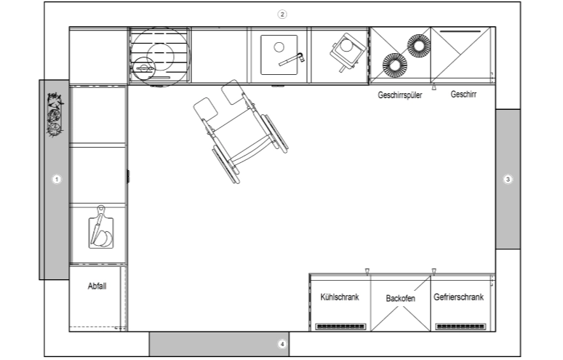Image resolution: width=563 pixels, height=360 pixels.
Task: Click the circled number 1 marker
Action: (56, 179)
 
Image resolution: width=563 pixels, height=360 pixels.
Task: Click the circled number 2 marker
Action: (282, 15)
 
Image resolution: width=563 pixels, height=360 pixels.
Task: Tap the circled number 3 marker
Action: (508, 179)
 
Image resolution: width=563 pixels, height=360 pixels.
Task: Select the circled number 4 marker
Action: (282, 344)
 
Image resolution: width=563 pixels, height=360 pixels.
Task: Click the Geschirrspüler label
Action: (399, 95)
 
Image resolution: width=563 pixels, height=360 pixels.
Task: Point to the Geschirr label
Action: (463, 94)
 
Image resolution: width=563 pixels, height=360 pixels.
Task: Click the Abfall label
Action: (97, 286)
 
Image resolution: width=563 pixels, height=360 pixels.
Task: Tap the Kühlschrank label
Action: (340, 297)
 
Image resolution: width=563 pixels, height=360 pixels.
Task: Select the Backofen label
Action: (400, 298)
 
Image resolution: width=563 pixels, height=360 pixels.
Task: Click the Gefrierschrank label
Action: (458, 297)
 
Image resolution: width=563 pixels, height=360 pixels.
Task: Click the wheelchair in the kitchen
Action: (241, 131)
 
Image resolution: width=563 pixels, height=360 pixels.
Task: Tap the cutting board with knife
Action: (101, 228)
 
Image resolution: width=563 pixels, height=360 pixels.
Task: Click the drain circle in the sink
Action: (279, 47)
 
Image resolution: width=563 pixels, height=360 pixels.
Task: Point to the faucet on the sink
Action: (292, 60)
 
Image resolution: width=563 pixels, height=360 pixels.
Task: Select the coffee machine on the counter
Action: (347, 52)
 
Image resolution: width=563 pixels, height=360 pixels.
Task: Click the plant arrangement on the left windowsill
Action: (55, 114)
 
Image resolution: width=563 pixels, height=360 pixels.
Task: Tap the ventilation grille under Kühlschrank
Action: (340, 327)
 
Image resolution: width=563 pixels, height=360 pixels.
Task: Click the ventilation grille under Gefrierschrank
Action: (460, 327)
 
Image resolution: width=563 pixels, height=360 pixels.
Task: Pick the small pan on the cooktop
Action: (143, 68)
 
